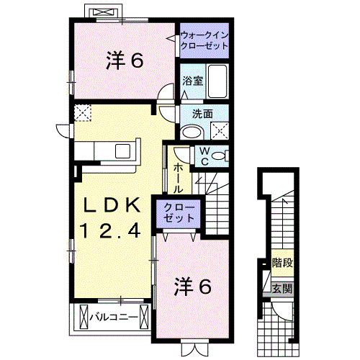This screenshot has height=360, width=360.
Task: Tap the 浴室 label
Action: point(192,81)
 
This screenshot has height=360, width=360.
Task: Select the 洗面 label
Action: point(202,113)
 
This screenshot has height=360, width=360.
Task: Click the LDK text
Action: point(109,204)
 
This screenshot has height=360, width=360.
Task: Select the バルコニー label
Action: point(113,315)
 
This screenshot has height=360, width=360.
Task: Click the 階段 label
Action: point(282,263)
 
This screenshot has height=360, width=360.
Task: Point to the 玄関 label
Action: point(282,289)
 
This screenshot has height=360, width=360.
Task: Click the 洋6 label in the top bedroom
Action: point(125,61)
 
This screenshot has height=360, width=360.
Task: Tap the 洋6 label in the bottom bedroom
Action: point(192,286)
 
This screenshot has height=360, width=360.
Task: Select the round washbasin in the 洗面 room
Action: point(191,131)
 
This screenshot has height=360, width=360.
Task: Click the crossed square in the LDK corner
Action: point(83,113)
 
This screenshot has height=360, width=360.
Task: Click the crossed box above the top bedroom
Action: point(100,12)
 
